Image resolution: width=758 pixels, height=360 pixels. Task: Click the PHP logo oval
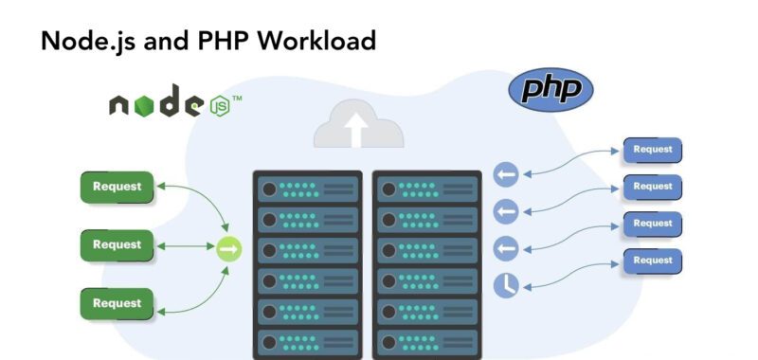click(550, 91)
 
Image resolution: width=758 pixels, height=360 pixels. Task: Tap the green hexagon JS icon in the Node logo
click(219, 104)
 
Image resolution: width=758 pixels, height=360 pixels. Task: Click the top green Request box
click(117, 187)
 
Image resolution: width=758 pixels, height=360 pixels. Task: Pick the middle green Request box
click(117, 245)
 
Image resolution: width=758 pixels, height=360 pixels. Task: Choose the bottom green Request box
click(117, 303)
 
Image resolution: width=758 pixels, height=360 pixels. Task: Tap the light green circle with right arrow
click(229, 249)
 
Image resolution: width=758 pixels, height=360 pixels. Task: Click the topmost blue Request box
click(653, 150)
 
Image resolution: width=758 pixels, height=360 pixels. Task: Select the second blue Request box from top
click(653, 187)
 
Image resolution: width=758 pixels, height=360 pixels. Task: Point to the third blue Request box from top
click(653, 224)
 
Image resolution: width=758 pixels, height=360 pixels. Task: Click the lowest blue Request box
click(653, 261)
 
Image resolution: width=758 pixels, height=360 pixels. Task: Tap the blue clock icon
click(506, 283)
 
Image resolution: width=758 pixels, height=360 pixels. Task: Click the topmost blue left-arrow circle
click(506, 174)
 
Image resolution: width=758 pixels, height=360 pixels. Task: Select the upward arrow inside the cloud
click(358, 130)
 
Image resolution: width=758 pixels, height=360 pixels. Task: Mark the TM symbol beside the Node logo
click(237, 98)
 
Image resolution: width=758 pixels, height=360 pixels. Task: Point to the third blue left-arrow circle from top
click(506, 247)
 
